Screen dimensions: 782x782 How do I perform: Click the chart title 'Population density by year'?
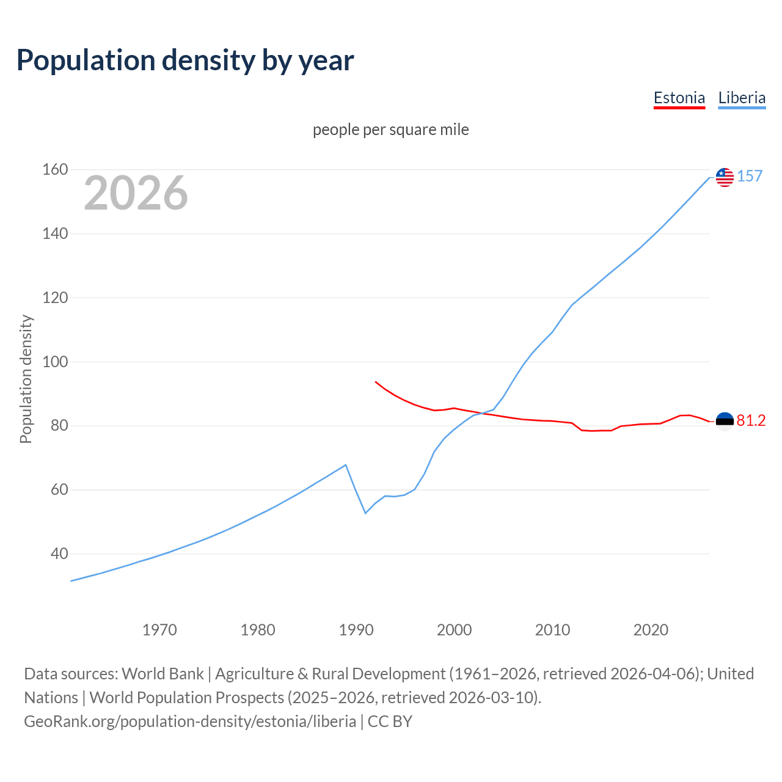pos(185,60)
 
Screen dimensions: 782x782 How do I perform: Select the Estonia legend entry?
pos(679,98)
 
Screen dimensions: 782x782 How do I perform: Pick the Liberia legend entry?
pos(742,98)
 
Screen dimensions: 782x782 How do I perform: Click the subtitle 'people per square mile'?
pos(390,130)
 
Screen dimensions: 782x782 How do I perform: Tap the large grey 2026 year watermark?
pos(136,193)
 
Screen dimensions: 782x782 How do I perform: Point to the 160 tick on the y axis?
pos(55,169)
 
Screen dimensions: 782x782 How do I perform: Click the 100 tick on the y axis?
pos(55,362)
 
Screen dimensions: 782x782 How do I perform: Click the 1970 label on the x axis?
pos(159,629)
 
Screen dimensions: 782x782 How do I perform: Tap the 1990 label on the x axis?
pos(356,629)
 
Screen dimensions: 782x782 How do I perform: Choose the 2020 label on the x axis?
pos(651,629)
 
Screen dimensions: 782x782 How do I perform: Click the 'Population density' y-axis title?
pos(26,379)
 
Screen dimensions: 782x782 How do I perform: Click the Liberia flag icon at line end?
pos(725,177)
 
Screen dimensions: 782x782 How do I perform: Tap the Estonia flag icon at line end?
pos(725,421)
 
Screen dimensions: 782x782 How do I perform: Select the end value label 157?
pos(750,176)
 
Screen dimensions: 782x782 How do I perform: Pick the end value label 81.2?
pos(751,420)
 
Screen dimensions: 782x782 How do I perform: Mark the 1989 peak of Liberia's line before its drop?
pos(346,465)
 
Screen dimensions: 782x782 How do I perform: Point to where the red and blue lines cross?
pos(481,414)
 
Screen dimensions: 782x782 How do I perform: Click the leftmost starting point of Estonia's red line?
pos(376,382)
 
